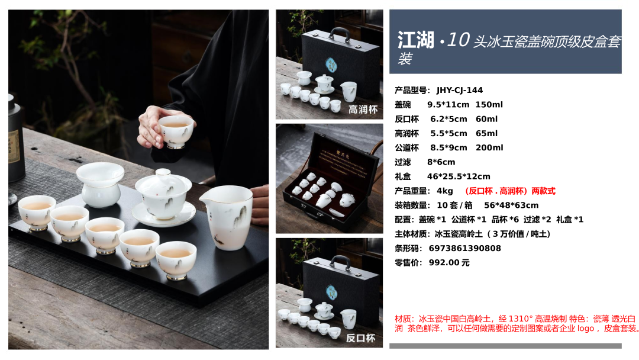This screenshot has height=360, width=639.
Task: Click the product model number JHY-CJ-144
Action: point(459,90)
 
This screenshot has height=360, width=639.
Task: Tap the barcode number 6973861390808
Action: point(464,248)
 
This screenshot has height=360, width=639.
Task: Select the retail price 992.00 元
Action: point(449,262)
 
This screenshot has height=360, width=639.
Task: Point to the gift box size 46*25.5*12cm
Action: point(459,176)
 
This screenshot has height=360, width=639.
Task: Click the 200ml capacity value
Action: point(489,147)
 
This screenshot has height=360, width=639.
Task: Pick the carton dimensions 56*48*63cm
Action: point(511,205)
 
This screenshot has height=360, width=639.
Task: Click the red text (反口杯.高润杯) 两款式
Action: point(510,191)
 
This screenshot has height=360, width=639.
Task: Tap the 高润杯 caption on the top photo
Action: point(363,110)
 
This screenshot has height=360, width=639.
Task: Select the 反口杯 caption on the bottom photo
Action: point(360,338)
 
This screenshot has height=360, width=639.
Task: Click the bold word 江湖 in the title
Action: point(416,40)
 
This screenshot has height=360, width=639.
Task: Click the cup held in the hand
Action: point(176,130)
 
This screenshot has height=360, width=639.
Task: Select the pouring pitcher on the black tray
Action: point(227,217)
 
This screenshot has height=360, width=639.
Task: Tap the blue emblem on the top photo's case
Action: point(331,65)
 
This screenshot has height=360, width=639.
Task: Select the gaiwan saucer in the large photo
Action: point(164,216)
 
